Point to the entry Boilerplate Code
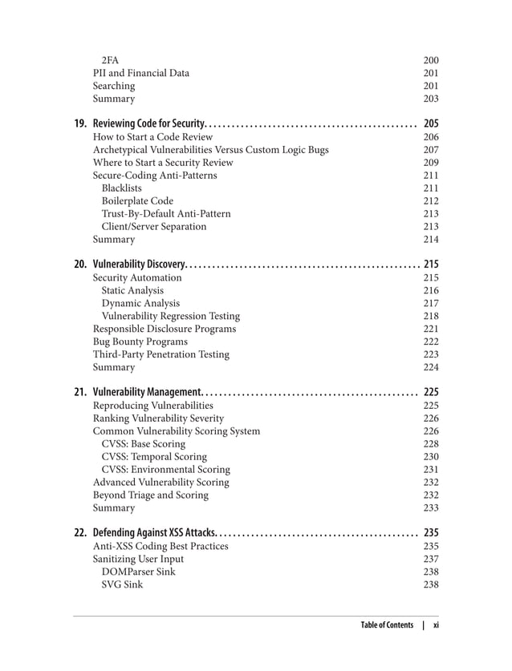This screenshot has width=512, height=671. pos(137,200)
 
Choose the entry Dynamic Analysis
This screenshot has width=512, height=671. pos(140,303)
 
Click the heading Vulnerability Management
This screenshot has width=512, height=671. pos(148,392)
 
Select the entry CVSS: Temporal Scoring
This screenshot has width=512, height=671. pos(154,456)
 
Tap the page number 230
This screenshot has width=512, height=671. pos(431,456)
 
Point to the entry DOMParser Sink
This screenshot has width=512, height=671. pos(138,572)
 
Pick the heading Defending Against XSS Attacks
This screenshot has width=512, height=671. pos(153,532)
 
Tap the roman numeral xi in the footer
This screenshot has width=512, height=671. pos(436,625)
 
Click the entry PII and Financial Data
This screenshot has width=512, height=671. pos(141,73)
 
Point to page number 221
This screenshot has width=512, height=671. pos(431,329)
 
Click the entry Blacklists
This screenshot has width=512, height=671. pos(122,188)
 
